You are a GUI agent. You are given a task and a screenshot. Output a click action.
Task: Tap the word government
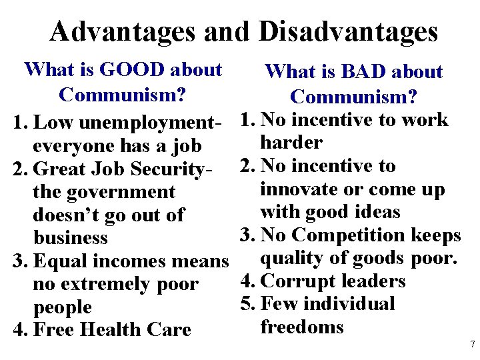tap(121, 193)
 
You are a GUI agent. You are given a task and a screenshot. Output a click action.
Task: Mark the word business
tap(70, 238)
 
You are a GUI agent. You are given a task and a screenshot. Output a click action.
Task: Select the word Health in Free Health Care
tap(115, 330)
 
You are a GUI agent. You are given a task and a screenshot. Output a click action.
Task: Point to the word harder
tap(292, 143)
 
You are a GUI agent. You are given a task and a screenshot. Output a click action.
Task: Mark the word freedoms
tap(302, 327)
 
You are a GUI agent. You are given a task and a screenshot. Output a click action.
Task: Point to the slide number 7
tap(472, 345)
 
